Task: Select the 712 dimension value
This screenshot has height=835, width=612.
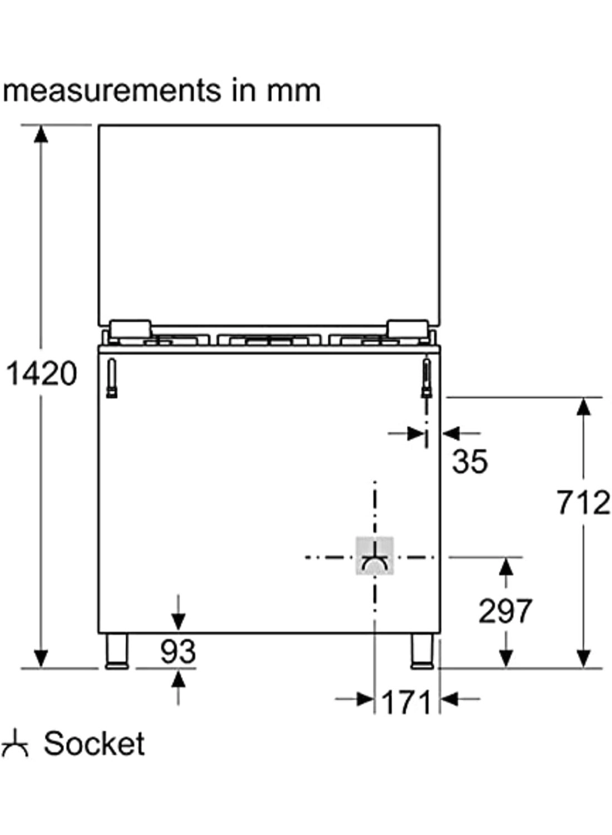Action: click(583, 503)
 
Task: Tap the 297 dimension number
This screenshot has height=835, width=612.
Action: click(505, 611)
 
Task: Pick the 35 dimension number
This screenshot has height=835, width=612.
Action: click(470, 461)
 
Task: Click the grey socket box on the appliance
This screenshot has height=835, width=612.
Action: click(374, 556)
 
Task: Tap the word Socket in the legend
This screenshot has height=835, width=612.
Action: click(94, 744)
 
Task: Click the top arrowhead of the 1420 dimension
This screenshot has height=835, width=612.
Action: click(41, 134)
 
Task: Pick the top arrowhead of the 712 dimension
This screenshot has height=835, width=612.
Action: click(583, 407)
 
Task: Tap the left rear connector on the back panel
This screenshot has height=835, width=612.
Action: click(112, 379)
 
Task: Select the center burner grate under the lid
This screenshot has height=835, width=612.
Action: click(270, 340)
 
